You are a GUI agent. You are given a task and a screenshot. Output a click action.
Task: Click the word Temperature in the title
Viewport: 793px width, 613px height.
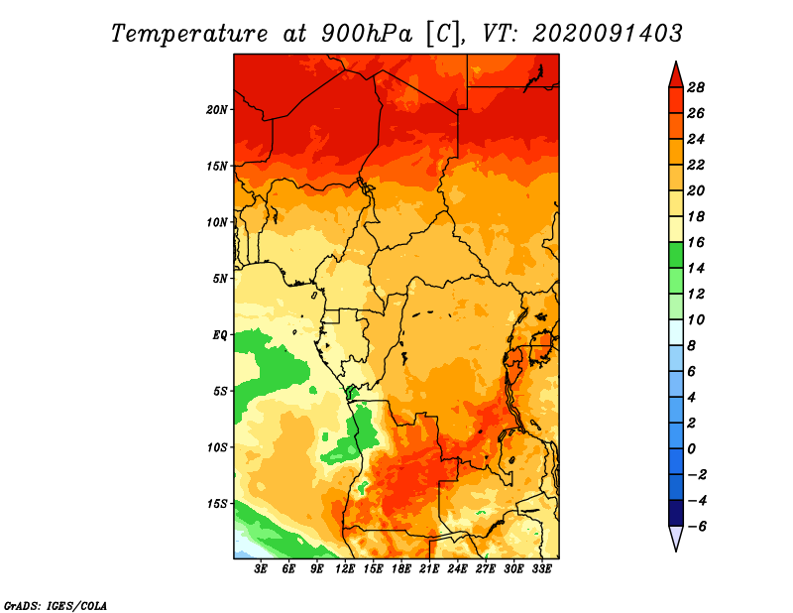point(188,34)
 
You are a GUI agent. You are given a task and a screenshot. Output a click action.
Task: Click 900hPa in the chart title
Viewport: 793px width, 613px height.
point(367,34)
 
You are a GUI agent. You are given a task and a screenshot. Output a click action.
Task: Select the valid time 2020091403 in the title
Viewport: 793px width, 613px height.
point(608,34)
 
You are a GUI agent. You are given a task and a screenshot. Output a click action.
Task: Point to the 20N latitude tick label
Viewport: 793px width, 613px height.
point(216,110)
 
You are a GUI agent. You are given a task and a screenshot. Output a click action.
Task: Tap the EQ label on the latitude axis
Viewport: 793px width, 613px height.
point(219,335)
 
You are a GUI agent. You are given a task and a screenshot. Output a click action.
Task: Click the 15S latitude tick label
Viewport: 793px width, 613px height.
point(217,504)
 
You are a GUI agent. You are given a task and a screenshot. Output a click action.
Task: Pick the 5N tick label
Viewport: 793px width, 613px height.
point(220,279)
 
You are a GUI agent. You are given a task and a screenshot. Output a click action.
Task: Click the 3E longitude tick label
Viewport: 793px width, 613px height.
point(261,568)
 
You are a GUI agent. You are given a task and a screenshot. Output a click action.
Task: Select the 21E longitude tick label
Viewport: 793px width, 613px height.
point(429,568)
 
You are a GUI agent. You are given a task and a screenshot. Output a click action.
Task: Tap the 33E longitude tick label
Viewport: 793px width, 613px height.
point(541,568)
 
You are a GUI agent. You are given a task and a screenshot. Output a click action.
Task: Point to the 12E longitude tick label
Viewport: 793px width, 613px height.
point(345,568)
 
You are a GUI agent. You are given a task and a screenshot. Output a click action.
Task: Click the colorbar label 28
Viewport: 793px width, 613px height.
point(696,87)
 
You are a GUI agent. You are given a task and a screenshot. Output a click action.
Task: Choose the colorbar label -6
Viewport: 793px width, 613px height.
point(696,527)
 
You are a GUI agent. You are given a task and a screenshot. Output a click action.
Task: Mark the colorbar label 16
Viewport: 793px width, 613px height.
point(696,242)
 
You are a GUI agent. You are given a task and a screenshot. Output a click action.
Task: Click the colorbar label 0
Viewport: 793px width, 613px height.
point(691,449)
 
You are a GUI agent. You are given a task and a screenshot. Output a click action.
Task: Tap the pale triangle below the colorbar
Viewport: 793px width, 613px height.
point(676,537)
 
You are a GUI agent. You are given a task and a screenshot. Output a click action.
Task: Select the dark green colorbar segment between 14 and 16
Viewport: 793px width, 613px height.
point(676,255)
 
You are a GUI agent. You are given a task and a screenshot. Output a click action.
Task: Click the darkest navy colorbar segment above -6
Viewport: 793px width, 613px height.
point(676,513)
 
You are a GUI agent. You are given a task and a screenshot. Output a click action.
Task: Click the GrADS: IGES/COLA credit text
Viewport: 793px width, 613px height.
point(56,605)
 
